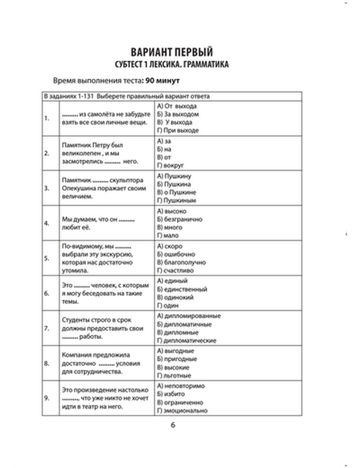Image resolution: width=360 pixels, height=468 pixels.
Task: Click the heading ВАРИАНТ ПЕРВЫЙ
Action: [171, 52]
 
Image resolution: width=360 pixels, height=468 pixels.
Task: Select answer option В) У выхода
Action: [175, 122]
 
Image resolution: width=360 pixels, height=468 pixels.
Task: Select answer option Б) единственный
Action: [182, 289]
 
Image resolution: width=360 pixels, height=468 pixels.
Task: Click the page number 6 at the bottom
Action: [173, 425]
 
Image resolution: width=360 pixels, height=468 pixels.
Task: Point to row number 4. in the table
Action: [47, 223]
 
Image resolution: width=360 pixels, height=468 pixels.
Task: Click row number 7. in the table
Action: [47, 328]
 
